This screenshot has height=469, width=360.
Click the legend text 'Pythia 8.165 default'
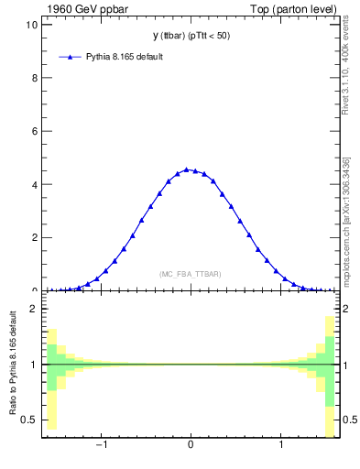(x=125, y=57)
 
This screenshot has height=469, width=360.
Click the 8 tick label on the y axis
(x=34, y=78)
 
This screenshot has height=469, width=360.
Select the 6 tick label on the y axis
(x=34, y=131)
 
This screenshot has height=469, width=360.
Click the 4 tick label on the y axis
(x=34, y=184)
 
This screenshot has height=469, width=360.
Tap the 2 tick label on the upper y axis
(x=34, y=237)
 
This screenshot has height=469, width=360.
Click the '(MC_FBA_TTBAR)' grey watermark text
(x=191, y=274)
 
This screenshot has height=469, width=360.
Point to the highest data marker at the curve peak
(x=186, y=169)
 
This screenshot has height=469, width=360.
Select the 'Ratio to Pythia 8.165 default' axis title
(x=14, y=366)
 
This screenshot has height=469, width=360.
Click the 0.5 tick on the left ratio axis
(x=30, y=420)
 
